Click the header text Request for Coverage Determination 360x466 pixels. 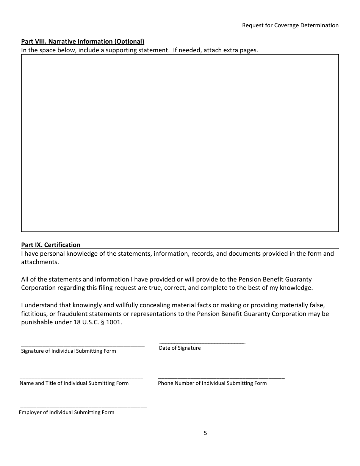pyautogui.click(x=290, y=25)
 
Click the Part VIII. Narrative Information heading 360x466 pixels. pyautogui.click(x=83, y=41)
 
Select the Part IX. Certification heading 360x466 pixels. pyautogui.click(x=51, y=245)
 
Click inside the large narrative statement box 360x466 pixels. pyautogui.click(x=180, y=143)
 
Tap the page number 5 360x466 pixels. pyautogui.click(x=205, y=433)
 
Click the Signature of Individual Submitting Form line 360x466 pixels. pyautogui.click(x=83, y=346)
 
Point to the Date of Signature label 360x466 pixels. pyautogui.click(x=180, y=348)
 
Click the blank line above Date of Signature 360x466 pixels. pyautogui.click(x=202, y=342)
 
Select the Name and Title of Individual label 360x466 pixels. pyautogui.click(x=74, y=383)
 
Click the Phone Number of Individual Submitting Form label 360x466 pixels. pyautogui.click(x=212, y=383)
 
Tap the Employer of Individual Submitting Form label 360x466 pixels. pyautogui.click(x=67, y=412)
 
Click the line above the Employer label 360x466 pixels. pyautogui.click(x=83, y=407)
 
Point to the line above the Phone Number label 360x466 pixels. pyautogui.click(x=221, y=378)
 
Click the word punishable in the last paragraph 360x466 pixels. pyautogui.click(x=37, y=322)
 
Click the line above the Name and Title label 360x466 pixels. pyautogui.click(x=81, y=378)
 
